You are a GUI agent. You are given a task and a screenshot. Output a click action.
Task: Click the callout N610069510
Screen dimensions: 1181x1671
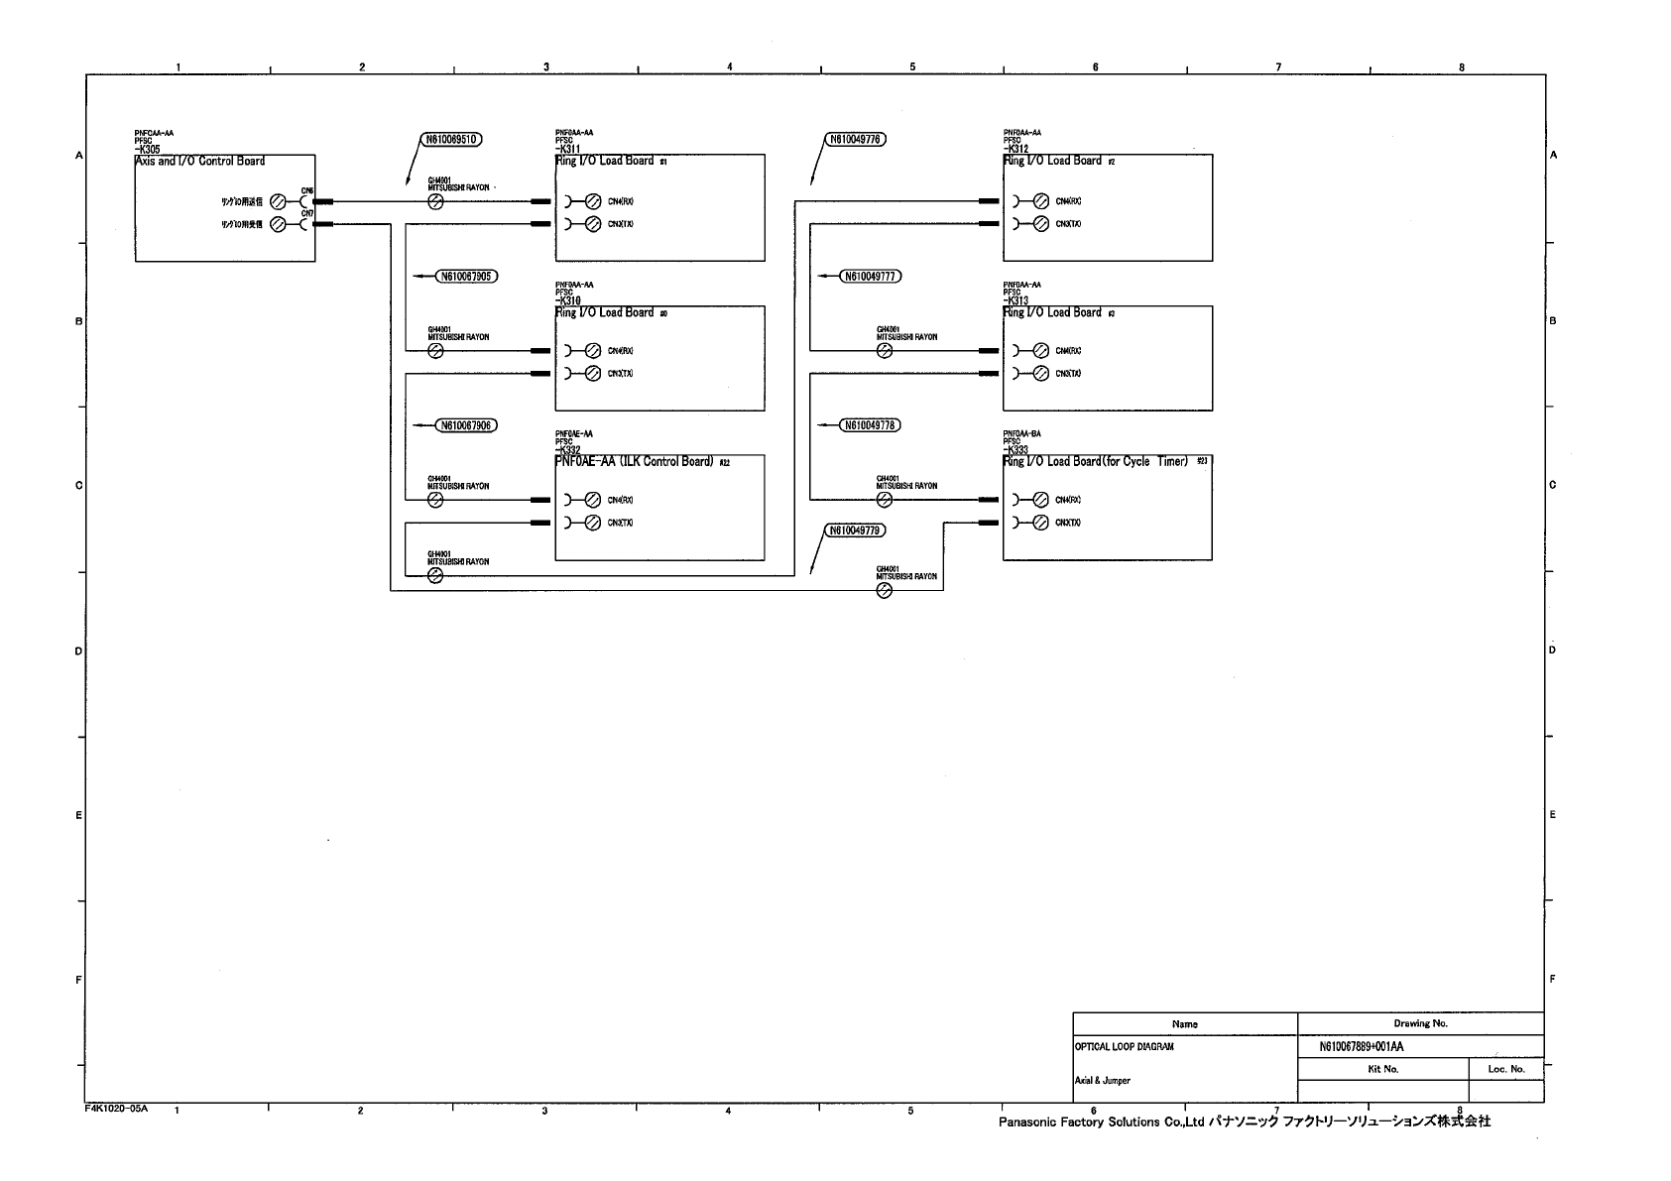click(452, 140)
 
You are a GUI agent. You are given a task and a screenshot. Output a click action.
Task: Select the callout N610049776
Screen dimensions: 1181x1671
click(855, 140)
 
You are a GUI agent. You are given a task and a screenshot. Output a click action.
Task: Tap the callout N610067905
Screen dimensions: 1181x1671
click(467, 276)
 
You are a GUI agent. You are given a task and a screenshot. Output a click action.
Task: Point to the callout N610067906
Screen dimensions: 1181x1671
click(467, 425)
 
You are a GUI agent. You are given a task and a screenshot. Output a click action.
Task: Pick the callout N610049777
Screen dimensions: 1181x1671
click(870, 276)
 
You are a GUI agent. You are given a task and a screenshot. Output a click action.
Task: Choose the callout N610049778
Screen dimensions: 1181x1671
click(870, 425)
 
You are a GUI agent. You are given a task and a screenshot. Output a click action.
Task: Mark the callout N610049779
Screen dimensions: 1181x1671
click(855, 531)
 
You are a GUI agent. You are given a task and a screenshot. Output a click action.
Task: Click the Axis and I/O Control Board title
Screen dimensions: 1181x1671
click(201, 161)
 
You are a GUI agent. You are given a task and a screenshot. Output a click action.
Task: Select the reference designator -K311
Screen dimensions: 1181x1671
click(568, 150)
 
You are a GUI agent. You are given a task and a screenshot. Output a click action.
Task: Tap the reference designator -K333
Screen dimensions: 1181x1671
click(1016, 450)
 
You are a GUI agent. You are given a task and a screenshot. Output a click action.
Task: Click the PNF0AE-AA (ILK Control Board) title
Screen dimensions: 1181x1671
click(636, 462)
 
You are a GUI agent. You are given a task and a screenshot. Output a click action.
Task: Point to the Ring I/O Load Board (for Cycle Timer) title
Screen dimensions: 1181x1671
click(1097, 462)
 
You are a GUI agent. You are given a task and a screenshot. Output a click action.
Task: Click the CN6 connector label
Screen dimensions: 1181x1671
click(307, 190)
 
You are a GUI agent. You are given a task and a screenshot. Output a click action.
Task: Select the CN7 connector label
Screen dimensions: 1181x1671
click(307, 213)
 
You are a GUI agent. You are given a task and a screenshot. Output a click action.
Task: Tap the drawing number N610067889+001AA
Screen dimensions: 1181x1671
click(1361, 1047)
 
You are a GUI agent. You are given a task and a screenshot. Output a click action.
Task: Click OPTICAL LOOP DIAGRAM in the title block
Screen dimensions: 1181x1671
click(1125, 1047)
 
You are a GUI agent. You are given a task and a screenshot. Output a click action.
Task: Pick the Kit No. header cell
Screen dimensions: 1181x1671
click(1382, 1069)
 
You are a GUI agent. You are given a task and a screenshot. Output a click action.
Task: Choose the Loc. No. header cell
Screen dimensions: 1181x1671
click(1505, 1069)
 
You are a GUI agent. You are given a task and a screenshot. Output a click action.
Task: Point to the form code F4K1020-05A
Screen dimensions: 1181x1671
click(116, 1110)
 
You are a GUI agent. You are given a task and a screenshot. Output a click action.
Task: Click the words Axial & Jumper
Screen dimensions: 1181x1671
click(1103, 1081)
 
